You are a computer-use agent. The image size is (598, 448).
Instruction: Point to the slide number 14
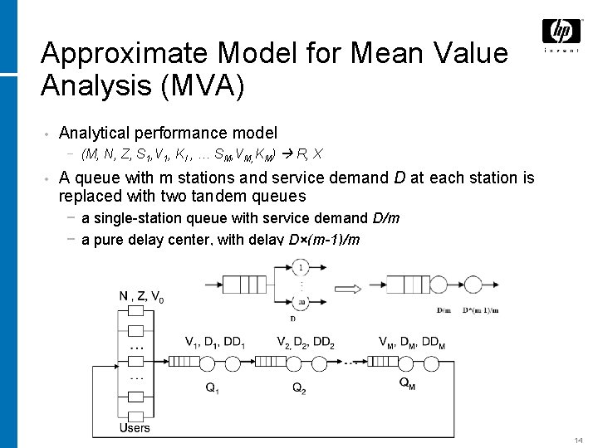[x=579, y=439]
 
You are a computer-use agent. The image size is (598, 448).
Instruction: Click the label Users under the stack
[x=134, y=427]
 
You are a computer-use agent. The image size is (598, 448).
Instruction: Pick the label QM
[x=408, y=382]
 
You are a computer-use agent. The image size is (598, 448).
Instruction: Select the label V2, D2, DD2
[x=305, y=342]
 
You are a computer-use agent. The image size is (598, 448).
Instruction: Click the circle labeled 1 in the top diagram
[x=301, y=267]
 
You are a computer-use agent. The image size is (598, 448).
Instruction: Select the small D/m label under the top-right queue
[x=444, y=309]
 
